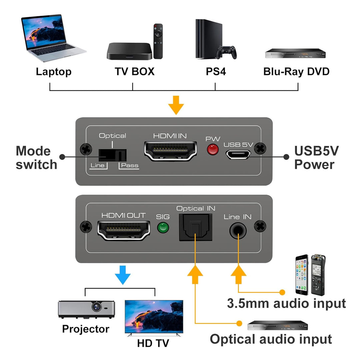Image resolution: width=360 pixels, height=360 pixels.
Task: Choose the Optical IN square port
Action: (x=196, y=227)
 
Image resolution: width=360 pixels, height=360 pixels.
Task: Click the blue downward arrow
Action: (x=123, y=275)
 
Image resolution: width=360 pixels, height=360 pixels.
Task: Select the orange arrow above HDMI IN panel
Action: (x=176, y=105)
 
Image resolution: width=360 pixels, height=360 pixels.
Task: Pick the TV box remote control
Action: (x=158, y=41)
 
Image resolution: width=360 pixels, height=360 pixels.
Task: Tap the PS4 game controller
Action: (x=227, y=52)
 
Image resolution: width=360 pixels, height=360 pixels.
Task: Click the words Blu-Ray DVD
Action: (x=296, y=71)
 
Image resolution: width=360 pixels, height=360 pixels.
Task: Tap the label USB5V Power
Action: (x=316, y=158)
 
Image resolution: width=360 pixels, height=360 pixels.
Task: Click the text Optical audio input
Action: (x=271, y=339)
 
